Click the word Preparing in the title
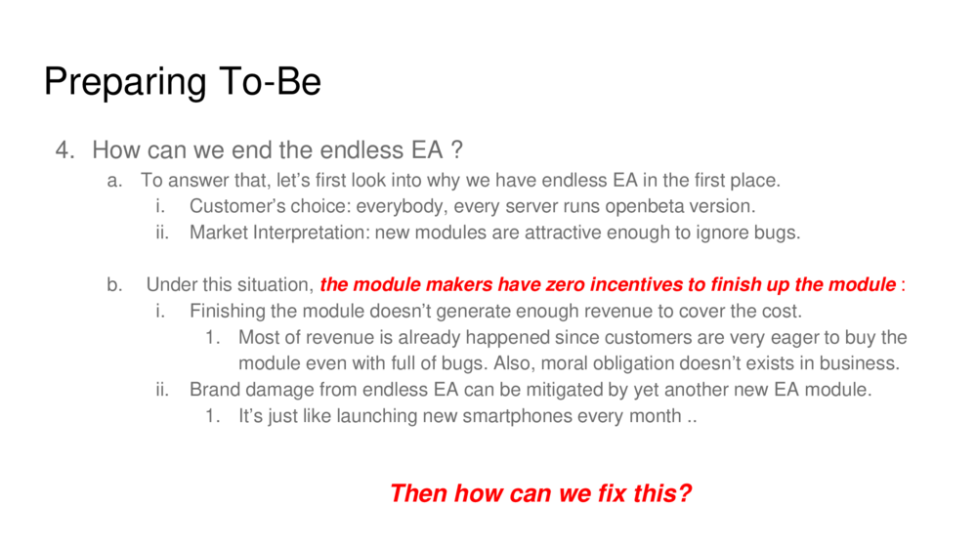(125, 82)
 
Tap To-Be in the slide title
(270, 81)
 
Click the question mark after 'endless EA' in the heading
(456, 149)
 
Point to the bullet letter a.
(114, 181)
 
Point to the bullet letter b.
(114, 285)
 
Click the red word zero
(566, 285)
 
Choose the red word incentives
(636, 285)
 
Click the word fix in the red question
(612, 493)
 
